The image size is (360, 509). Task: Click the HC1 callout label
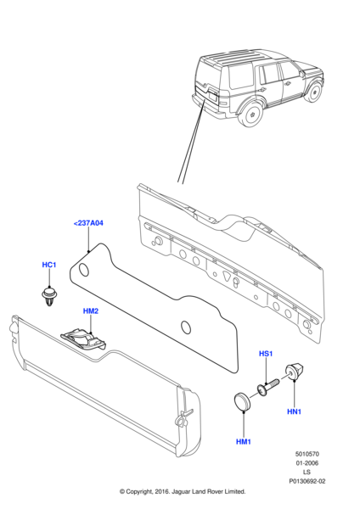pos(48,266)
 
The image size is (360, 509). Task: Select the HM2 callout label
pos(91,311)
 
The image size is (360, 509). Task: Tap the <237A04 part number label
pos(88,224)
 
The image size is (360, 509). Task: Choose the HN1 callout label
pos(295,412)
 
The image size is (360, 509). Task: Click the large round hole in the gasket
pos(84,270)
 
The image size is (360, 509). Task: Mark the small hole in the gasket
pos(188,327)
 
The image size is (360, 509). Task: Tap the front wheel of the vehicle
pos(312,89)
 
